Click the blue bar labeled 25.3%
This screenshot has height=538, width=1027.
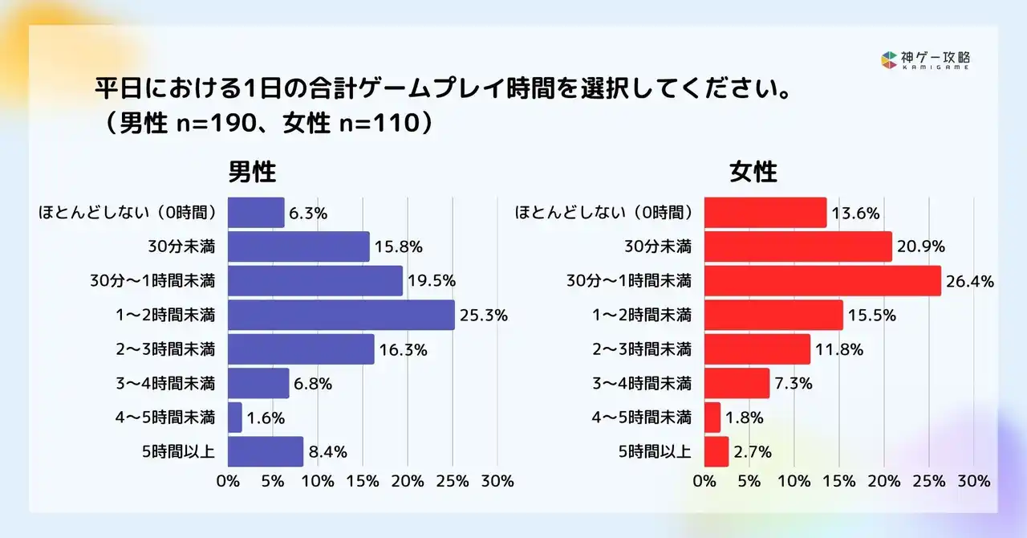point(341,316)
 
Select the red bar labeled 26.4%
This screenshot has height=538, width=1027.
point(822,281)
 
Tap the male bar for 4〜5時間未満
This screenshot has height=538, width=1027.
point(235,418)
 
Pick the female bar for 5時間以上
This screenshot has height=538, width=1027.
point(716,452)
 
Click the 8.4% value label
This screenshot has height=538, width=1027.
point(327,452)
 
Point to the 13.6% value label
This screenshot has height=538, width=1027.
point(855,213)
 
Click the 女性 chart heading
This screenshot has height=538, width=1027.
point(753,173)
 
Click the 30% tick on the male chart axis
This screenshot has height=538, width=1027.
point(497,482)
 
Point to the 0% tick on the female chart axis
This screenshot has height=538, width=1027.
point(704,482)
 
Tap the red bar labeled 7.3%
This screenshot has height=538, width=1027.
point(737,384)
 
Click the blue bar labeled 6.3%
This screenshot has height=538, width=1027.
point(256,213)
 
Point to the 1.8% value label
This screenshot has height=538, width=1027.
point(744,418)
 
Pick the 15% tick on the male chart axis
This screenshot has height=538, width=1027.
point(363,482)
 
